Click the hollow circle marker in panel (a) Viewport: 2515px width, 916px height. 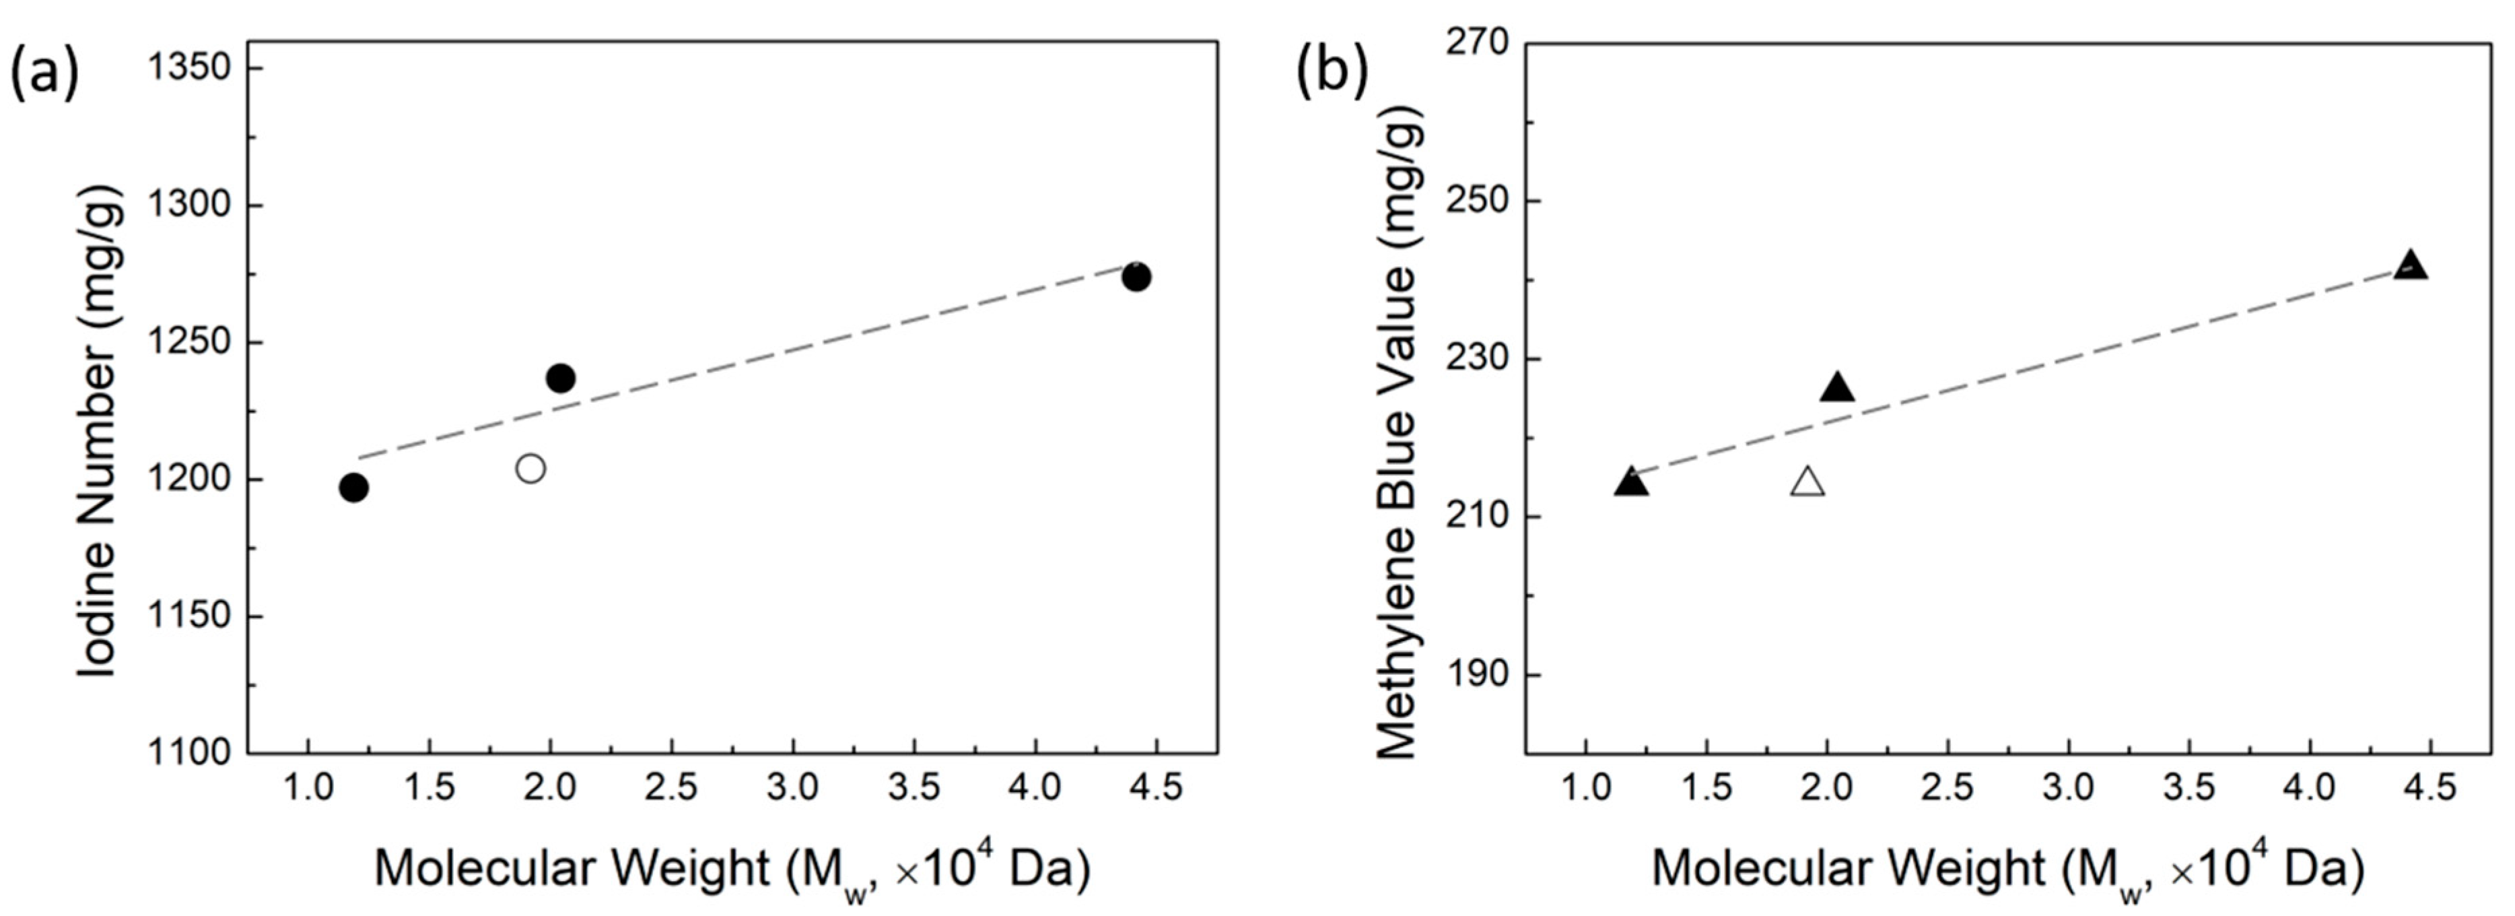pos(530,469)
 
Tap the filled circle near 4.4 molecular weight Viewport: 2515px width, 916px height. pos(1136,277)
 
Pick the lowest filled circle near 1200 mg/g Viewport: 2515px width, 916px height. pos(353,487)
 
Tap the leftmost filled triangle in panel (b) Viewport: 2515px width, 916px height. pos(1631,482)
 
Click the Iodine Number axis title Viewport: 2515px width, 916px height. pos(98,430)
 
